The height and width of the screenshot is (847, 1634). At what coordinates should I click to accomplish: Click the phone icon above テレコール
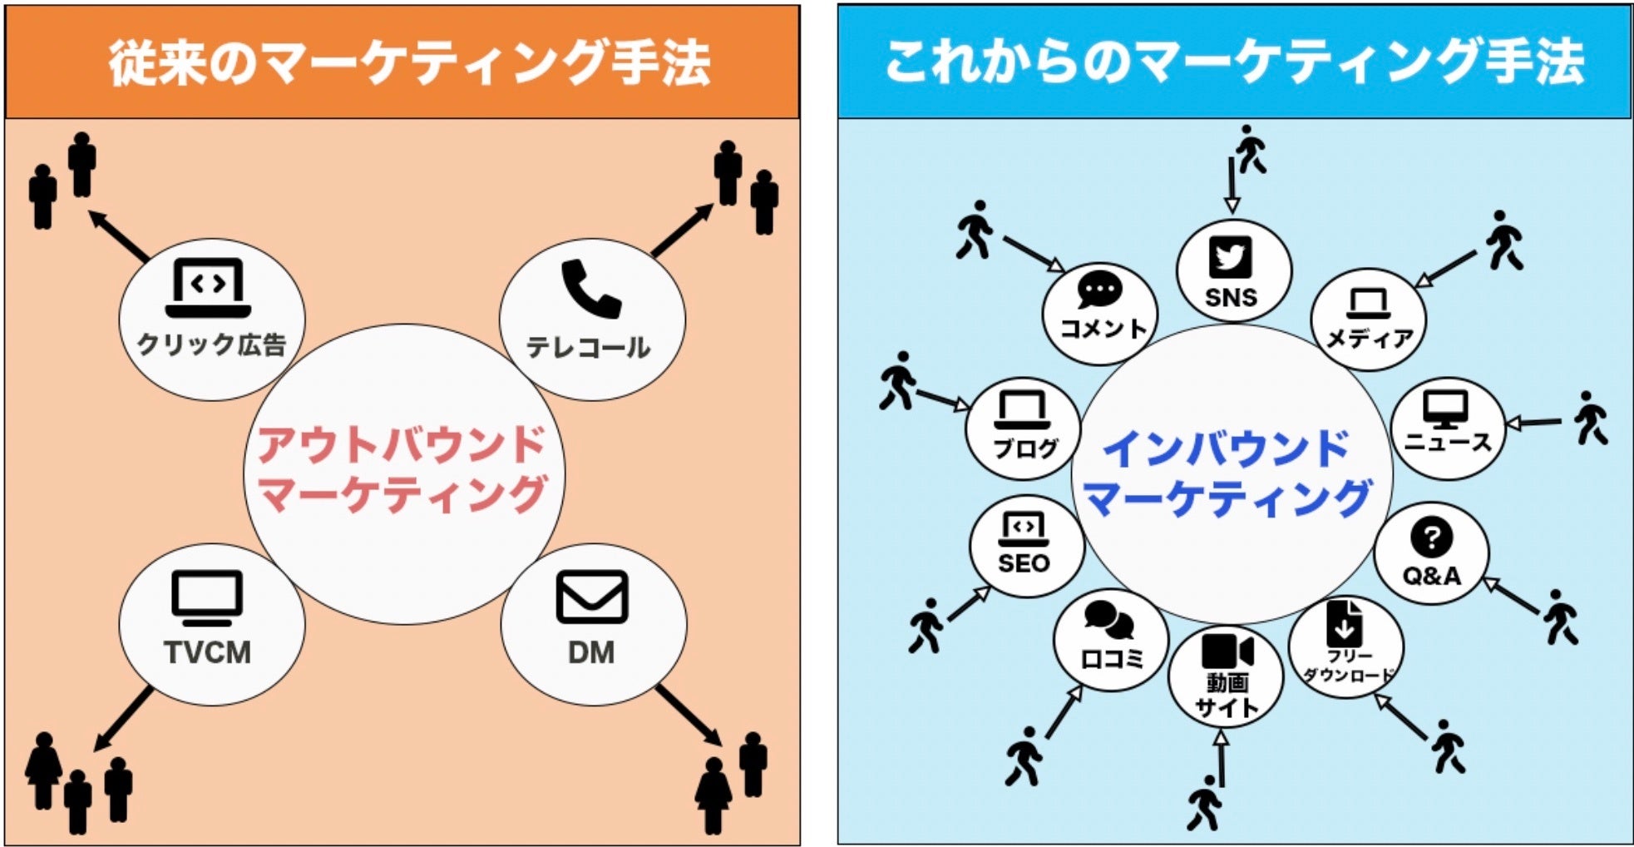pyautogui.click(x=591, y=289)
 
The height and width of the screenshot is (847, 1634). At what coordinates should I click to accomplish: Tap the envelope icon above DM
pyautogui.click(x=591, y=597)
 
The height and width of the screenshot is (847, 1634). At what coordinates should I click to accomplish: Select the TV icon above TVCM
pyautogui.click(x=207, y=597)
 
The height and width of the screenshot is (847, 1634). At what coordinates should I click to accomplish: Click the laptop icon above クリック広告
pyautogui.click(x=208, y=288)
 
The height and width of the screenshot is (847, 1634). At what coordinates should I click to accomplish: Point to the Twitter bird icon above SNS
pyautogui.click(x=1231, y=257)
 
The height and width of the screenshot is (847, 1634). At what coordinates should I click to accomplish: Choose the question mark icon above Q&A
pyautogui.click(x=1431, y=537)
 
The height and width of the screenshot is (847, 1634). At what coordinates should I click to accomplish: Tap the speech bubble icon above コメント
pyautogui.click(x=1099, y=290)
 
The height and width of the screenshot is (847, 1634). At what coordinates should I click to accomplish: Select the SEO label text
pyautogui.click(x=1024, y=563)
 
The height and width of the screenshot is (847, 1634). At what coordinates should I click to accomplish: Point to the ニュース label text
pyautogui.click(x=1448, y=442)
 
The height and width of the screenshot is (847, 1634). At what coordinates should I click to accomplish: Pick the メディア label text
pyautogui.click(x=1369, y=339)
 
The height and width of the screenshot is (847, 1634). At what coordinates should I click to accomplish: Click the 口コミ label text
pyautogui.click(x=1111, y=659)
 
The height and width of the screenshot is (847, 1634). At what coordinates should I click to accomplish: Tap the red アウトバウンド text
pyautogui.click(x=402, y=444)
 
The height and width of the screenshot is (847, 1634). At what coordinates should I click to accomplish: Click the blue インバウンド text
pyautogui.click(x=1226, y=448)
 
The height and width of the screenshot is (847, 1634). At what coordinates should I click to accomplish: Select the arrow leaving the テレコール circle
pyautogui.click(x=681, y=230)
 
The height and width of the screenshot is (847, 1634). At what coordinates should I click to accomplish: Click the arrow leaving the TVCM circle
pyautogui.click(x=123, y=719)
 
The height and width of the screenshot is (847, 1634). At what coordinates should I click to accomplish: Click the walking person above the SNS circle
pyautogui.click(x=1250, y=149)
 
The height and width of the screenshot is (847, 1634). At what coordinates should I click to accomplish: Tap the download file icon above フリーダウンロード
pyautogui.click(x=1344, y=622)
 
